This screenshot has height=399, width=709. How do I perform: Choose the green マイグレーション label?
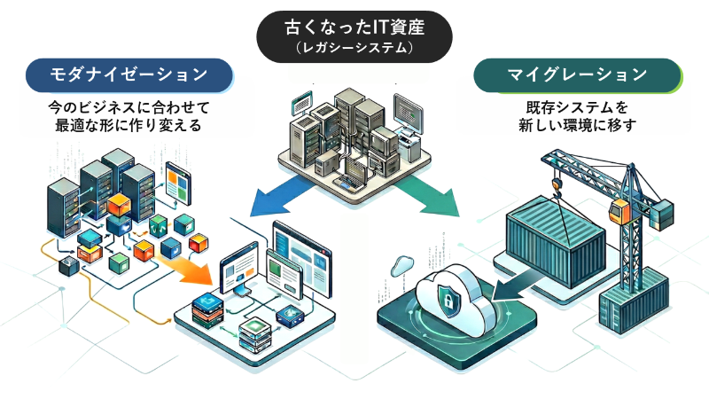(x=577, y=74)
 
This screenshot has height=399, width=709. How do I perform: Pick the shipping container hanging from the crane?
(x=554, y=238)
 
